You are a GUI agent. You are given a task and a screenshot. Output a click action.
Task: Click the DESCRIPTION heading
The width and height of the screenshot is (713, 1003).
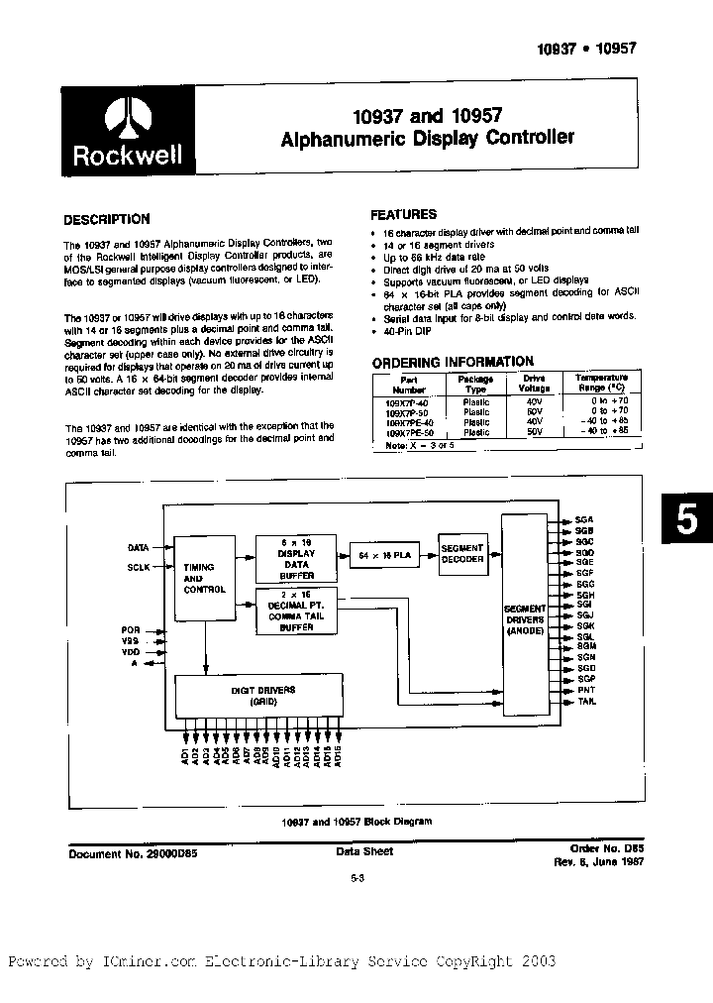click(x=107, y=220)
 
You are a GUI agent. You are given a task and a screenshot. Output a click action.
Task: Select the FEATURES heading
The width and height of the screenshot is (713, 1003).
click(x=403, y=214)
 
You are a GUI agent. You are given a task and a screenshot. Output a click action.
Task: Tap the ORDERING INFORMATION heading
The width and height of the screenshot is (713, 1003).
click(x=452, y=362)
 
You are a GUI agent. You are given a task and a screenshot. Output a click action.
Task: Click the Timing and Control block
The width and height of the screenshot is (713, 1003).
click(x=205, y=579)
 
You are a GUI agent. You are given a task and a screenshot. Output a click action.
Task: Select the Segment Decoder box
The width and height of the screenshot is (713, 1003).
click(x=462, y=553)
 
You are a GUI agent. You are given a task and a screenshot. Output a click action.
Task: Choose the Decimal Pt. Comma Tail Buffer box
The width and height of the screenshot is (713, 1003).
click(x=297, y=607)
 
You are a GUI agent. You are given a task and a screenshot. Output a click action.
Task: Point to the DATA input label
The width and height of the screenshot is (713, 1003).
click(x=139, y=547)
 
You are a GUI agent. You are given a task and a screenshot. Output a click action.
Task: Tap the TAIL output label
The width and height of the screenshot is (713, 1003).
click(x=585, y=701)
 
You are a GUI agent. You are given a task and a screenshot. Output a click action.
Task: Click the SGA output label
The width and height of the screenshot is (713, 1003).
click(x=584, y=518)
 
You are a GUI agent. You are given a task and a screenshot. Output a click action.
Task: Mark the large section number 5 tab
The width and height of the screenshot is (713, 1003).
click(x=686, y=520)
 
